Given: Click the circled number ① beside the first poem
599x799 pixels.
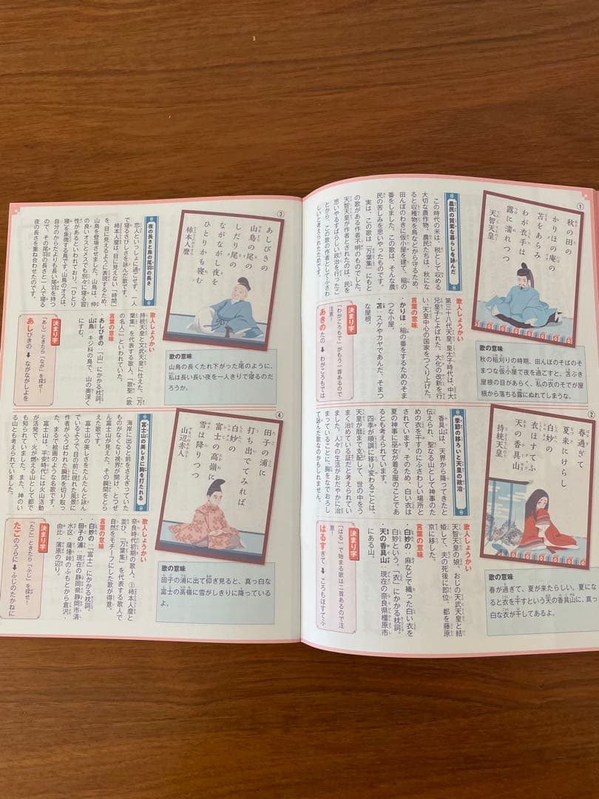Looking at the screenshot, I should [x=581, y=205].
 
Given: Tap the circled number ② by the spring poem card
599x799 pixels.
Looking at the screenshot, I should [x=591, y=415].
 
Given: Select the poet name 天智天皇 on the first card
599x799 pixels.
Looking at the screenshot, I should [x=494, y=232].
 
